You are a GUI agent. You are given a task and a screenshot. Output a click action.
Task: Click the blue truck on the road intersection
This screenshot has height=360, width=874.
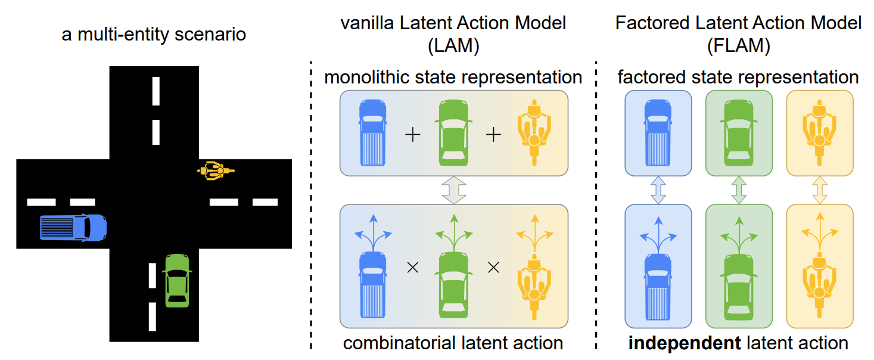(x=73, y=227)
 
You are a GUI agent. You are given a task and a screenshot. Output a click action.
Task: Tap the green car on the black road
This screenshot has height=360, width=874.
(x=177, y=280)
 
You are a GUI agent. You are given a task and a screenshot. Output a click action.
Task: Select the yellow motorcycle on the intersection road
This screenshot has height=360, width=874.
(x=216, y=171)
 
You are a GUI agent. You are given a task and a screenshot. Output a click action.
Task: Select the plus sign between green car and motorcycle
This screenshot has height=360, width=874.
(x=493, y=135)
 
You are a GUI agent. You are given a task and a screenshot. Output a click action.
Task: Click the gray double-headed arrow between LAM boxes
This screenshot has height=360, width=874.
(x=453, y=190)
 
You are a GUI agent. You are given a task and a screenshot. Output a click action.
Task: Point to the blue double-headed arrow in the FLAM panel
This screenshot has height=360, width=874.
(x=658, y=190)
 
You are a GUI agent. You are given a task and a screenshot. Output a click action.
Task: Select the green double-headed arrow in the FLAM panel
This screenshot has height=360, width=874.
(x=739, y=190)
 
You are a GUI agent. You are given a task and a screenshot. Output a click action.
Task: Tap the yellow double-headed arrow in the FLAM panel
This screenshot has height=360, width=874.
(x=820, y=190)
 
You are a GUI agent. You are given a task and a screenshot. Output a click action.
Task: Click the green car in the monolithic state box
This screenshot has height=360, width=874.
(x=453, y=132)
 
